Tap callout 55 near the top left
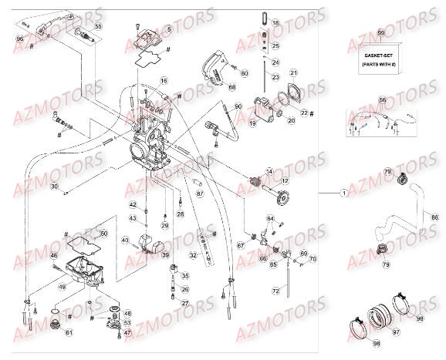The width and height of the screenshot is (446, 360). [97, 27]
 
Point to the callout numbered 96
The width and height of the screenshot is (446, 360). [20, 38]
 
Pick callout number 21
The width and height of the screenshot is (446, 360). [293, 73]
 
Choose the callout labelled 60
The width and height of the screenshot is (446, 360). [245, 73]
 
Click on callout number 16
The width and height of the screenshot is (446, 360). [164, 81]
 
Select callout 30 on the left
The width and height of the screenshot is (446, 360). [53, 187]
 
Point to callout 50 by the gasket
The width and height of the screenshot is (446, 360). [104, 233]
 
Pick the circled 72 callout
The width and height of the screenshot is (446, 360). [275, 291]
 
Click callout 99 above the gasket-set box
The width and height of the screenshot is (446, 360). [380, 34]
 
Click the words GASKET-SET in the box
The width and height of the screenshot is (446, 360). [380, 56]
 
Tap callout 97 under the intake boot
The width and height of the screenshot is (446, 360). [397, 331]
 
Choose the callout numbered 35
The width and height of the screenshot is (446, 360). [184, 275]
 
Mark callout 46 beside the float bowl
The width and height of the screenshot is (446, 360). [53, 255]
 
